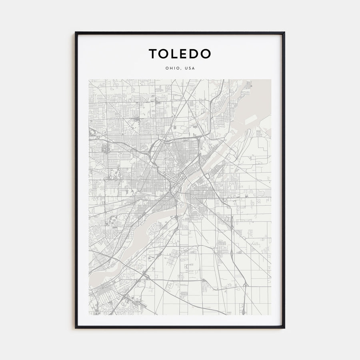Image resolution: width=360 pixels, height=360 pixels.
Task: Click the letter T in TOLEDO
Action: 154,54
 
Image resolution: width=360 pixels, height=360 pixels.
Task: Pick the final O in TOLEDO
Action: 206,54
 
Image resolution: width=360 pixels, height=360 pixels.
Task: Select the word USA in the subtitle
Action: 190,68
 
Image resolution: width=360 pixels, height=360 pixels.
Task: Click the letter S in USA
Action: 190,68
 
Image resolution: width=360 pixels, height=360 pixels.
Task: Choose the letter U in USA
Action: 186,68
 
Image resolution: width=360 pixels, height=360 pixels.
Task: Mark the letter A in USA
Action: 194,68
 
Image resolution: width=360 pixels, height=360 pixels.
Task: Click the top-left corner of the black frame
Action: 76,32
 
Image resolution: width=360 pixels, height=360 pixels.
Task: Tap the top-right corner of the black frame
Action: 284,32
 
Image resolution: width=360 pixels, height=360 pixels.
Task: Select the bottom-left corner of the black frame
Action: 76,328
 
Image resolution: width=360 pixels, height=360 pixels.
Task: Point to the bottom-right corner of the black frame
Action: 284,328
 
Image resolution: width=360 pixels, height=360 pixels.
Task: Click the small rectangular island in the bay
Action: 250,119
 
